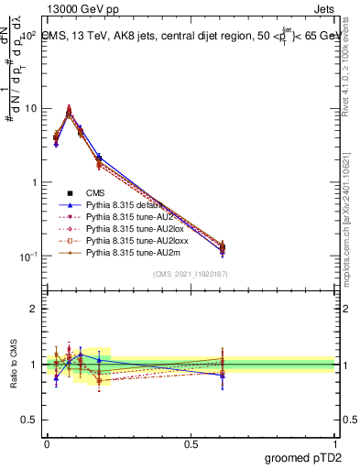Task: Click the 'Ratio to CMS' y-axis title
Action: [12, 363]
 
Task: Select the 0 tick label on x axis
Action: [47, 442]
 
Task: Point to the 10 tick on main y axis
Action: [30, 108]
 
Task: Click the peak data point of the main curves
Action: [69, 114]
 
